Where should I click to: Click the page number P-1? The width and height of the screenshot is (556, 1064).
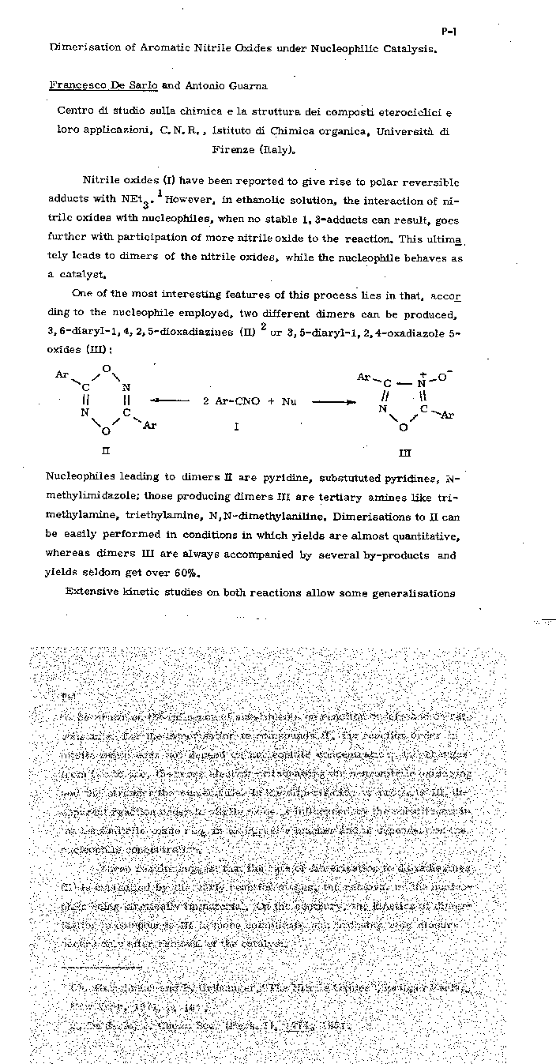point(449,32)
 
